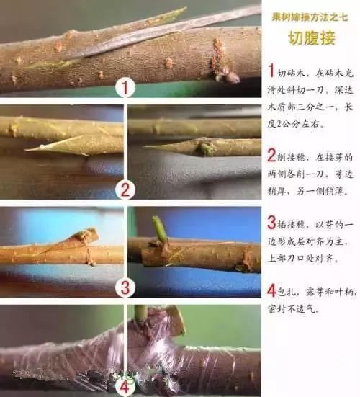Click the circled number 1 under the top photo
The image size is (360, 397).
point(127,89)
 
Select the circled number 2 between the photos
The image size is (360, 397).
point(126,190)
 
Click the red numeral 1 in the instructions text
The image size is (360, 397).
point(271,71)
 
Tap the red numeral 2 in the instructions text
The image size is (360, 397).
point(271,156)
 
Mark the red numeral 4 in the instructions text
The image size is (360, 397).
point(271,290)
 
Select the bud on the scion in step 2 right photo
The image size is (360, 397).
point(207,148)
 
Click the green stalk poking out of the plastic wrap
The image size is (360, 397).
point(141,313)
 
